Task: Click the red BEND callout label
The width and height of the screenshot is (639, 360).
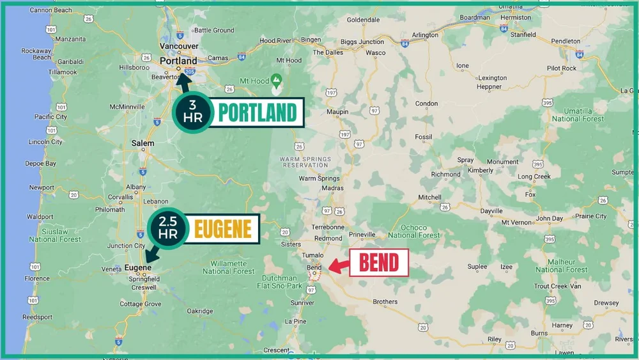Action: (379, 263)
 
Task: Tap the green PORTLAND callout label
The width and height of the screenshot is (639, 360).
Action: (258, 113)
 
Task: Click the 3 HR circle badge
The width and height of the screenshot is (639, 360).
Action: (192, 113)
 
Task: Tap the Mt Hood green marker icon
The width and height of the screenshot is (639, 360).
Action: (276, 81)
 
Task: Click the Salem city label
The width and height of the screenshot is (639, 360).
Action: (142, 143)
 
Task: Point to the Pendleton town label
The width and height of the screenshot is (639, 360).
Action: (566, 41)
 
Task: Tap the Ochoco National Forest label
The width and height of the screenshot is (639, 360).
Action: (413, 231)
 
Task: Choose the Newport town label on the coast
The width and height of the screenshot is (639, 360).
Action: (42, 188)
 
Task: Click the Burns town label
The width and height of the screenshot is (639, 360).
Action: (539, 333)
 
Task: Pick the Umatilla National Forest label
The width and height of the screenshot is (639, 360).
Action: (578, 114)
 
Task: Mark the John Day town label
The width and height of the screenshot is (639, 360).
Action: (549, 218)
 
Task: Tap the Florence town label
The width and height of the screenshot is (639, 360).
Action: (37, 279)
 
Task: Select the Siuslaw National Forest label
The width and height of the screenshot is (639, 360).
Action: (55, 235)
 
